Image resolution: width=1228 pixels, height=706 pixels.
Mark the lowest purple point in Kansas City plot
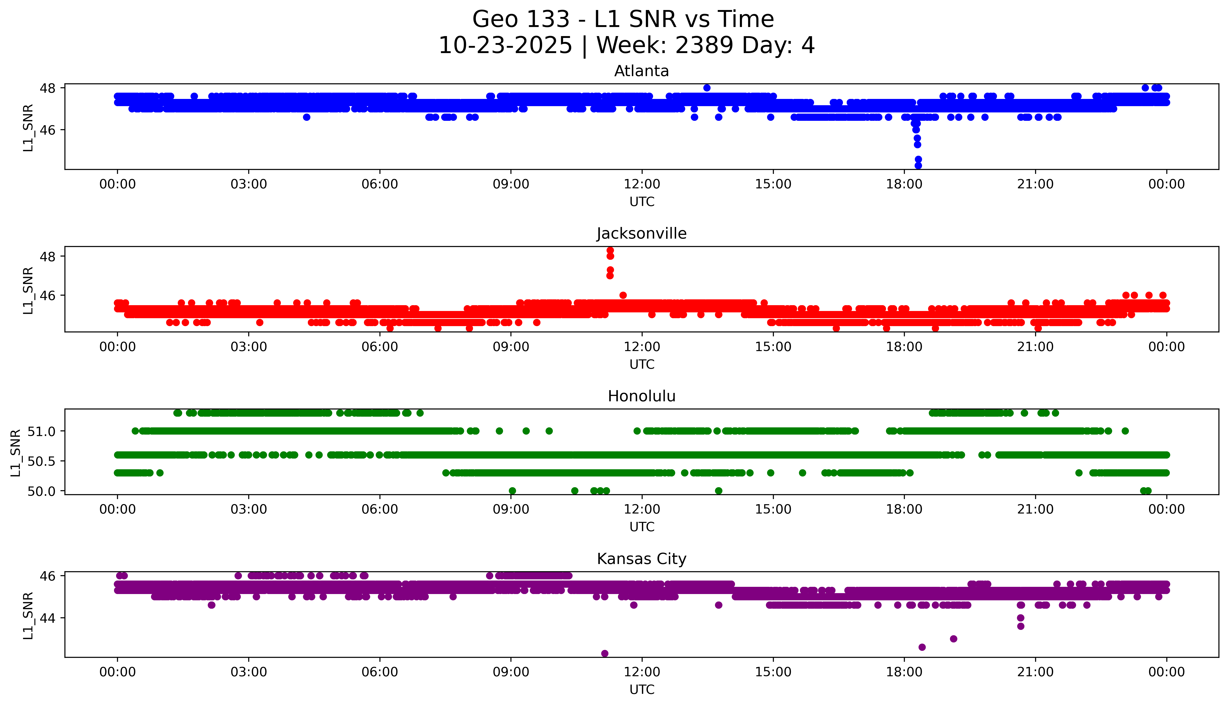coord(604,653)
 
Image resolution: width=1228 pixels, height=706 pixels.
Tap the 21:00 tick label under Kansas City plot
coord(1035,672)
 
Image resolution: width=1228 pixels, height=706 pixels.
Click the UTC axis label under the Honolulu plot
coord(642,527)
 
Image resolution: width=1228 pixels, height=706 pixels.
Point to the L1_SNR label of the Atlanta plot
coord(28,128)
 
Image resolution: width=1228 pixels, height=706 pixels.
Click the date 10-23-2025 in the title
coord(505,46)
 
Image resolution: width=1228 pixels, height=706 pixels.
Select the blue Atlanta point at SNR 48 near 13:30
coord(707,88)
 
